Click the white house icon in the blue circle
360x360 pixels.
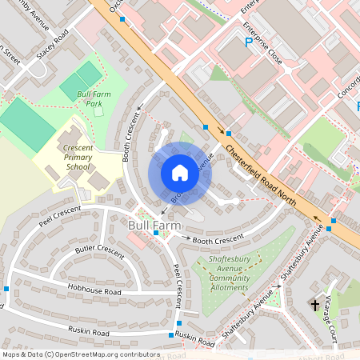click(179, 173)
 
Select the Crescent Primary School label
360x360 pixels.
click(67, 146)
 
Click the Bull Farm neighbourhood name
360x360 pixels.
click(150, 226)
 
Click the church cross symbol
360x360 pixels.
click(314, 305)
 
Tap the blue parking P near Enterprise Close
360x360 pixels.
click(249, 42)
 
